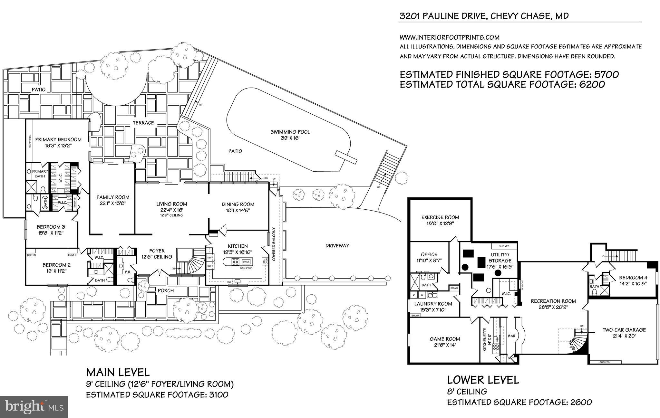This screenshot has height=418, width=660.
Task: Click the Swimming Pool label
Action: click(290, 132)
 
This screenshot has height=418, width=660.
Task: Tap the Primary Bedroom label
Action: click(58, 139)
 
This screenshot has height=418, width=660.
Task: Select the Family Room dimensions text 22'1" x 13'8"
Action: click(113, 203)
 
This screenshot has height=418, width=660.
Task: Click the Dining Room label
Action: click(238, 204)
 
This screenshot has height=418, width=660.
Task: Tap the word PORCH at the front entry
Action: click(166, 290)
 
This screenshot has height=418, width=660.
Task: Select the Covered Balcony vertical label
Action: click(274, 244)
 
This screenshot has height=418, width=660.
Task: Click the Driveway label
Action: click(337, 246)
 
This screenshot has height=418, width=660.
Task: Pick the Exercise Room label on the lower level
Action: click(440, 217)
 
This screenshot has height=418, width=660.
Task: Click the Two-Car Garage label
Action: click(624, 330)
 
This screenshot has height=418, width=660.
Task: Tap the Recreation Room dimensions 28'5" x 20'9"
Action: click(553, 307)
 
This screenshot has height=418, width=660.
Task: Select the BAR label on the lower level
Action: click(511, 336)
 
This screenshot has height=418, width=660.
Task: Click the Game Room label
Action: click(445, 339)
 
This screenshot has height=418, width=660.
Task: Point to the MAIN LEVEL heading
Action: click(118, 372)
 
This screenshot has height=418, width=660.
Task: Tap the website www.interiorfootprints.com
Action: click(449, 37)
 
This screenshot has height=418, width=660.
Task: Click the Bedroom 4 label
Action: click(633, 278)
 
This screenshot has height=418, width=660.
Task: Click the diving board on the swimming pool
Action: click(345, 156)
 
